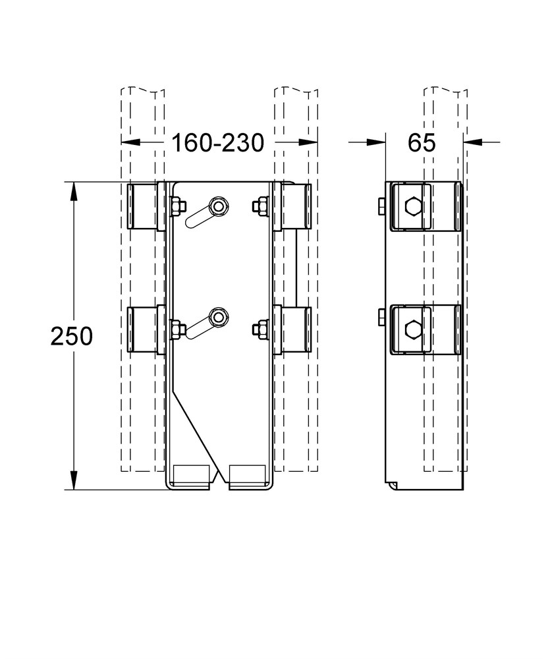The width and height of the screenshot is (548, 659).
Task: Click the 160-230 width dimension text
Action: pyautogui.click(x=218, y=143)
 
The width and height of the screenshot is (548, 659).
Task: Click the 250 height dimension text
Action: pyautogui.click(x=71, y=336)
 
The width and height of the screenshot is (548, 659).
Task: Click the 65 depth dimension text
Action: pyautogui.click(x=422, y=143)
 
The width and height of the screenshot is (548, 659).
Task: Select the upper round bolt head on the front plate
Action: pyautogui.click(x=219, y=206)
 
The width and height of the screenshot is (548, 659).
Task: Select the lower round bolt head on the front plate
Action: pyautogui.click(x=219, y=316)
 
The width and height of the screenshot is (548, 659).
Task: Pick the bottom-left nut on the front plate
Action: pyautogui.click(x=178, y=329)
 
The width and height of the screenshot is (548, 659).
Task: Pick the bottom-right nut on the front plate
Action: pyautogui.click(x=260, y=329)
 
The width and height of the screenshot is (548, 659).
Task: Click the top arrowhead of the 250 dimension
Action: pyautogui.click(x=74, y=191)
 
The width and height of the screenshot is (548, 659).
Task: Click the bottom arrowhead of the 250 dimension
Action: pyautogui.click(x=74, y=480)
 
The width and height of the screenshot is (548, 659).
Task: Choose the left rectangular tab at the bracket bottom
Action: pyautogui.click(x=192, y=476)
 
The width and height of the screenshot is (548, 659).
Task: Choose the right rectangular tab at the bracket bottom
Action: pyautogui.click(x=247, y=476)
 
